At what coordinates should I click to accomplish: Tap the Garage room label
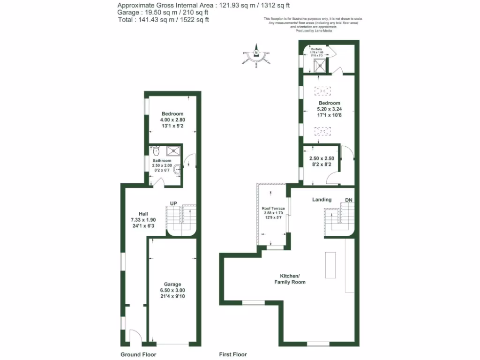point(172,284)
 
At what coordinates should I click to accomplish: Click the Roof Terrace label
point(272,208)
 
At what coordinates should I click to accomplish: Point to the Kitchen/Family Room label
point(293,279)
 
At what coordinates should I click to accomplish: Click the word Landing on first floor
point(322,199)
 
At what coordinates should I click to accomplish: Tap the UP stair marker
point(173,203)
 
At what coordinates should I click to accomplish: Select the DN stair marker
point(348,200)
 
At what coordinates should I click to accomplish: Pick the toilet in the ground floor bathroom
point(156,151)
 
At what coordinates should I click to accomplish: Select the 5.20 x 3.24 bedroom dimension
point(329,109)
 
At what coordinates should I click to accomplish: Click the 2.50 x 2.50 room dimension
point(322,158)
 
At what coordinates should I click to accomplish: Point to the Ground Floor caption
point(138,354)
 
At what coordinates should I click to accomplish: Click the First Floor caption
point(233,354)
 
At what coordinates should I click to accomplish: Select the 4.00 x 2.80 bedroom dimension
point(172,120)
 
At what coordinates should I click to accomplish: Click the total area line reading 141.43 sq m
point(163,20)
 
